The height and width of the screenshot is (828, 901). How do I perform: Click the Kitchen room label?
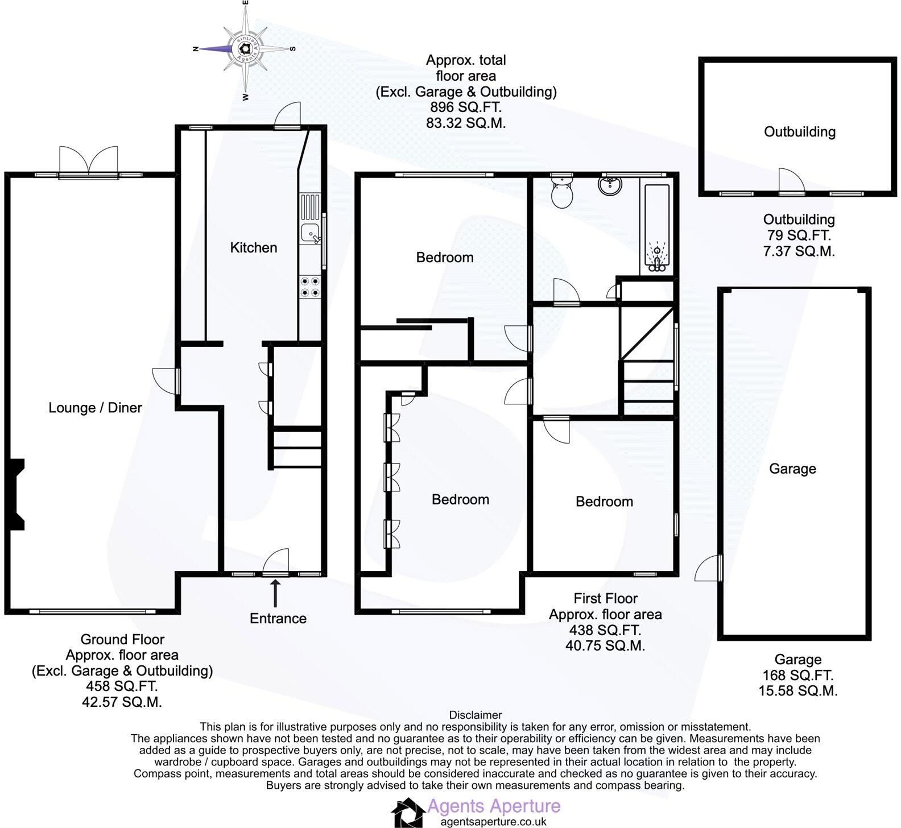[253, 247]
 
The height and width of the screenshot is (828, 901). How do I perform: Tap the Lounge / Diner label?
[95, 408]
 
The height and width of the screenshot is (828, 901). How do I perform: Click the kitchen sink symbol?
[311, 233]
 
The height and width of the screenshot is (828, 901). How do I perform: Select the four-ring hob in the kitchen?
[311, 286]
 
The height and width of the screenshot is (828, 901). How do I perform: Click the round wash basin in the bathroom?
[610, 185]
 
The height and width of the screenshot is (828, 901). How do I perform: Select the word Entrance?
[278, 619]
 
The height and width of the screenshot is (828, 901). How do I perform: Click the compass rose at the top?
[245, 49]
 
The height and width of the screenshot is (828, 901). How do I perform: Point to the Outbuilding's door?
[791, 183]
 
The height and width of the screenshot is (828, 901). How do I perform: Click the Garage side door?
[709, 569]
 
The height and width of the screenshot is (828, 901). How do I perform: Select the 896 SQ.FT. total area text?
[466, 107]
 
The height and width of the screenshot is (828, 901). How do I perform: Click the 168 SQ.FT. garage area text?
[797, 676]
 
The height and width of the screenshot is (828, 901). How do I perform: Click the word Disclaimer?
[476, 715]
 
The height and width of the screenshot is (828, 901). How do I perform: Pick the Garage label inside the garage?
[792, 469]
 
